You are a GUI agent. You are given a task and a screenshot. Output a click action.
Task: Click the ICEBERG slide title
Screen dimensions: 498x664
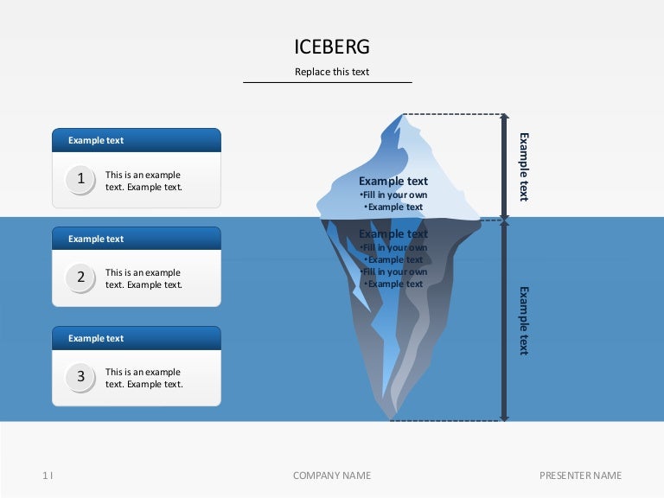[x=332, y=47]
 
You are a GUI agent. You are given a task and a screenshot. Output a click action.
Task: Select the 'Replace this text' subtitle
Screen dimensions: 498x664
[x=332, y=72]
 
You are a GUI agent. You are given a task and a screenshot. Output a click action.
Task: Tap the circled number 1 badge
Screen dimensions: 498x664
[x=81, y=179]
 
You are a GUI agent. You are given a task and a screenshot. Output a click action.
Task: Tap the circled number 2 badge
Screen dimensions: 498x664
[x=81, y=278]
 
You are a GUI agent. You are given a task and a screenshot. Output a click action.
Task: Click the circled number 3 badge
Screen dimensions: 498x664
[x=81, y=377]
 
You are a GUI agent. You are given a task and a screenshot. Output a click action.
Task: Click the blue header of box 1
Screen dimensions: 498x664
[x=137, y=140]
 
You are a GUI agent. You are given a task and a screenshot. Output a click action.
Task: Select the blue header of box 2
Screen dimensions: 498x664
[x=137, y=239]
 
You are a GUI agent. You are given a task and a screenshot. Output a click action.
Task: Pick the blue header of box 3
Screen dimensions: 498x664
[x=137, y=338]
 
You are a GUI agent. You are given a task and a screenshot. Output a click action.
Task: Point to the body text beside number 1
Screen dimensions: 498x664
[x=144, y=181]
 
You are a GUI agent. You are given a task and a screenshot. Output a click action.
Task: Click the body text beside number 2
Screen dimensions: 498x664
[x=144, y=278]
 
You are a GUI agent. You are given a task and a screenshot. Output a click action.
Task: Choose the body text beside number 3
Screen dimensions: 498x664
[x=144, y=378]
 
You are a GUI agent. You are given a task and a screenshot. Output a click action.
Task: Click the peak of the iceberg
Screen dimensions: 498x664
[x=401, y=116]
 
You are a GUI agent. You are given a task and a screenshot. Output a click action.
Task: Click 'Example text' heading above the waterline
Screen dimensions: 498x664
[x=393, y=181]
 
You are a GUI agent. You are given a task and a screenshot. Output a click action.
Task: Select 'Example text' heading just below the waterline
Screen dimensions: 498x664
[x=393, y=233]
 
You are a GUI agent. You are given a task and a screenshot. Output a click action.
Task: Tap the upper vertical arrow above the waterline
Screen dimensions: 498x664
[x=504, y=165]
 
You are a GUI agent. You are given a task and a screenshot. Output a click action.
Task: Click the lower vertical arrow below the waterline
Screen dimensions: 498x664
[x=504, y=320]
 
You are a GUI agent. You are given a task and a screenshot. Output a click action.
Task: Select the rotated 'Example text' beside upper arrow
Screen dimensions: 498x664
[x=523, y=166]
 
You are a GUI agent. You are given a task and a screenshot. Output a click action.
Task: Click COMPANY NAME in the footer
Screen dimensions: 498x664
[x=332, y=476]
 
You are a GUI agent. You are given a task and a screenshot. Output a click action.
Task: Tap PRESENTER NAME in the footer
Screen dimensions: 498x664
[x=580, y=476]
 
